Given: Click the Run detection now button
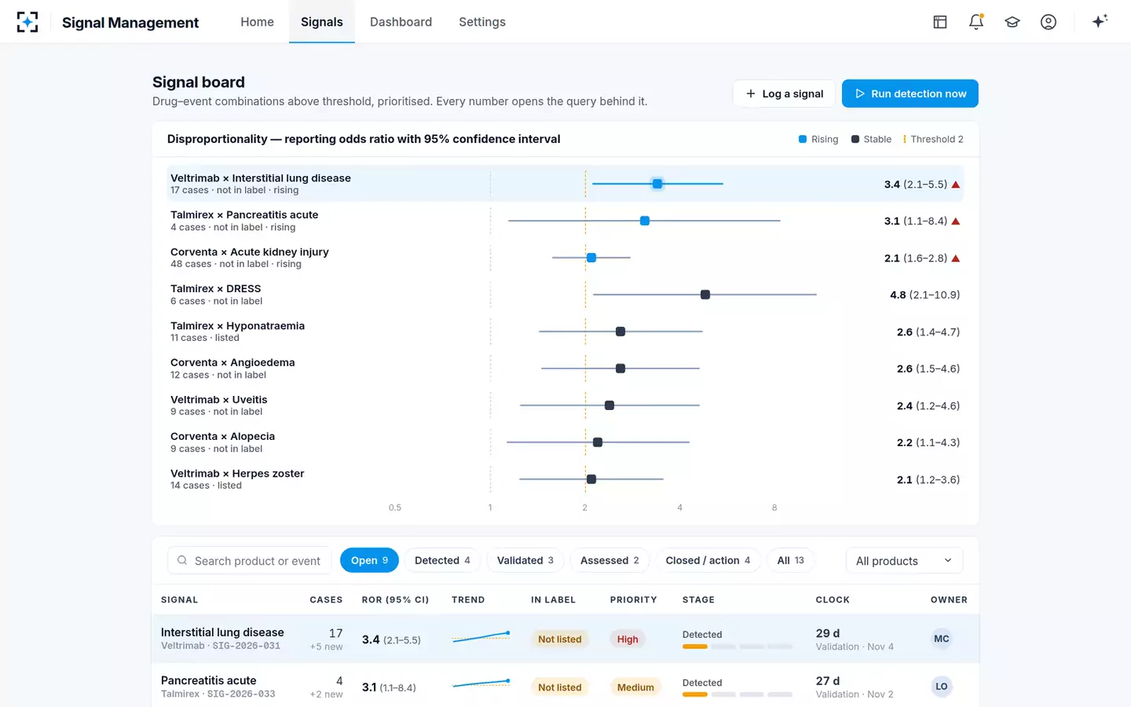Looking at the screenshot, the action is [910, 93].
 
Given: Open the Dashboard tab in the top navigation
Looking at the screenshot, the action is [401, 22].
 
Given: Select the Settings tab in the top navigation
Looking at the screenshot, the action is [482, 22].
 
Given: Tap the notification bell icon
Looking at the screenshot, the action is [976, 22].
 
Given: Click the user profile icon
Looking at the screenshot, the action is [1049, 22].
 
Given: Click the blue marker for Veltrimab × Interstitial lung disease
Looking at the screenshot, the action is [657, 184].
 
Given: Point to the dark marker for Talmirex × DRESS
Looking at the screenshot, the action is [705, 295].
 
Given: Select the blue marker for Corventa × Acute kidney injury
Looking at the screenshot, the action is [591, 258].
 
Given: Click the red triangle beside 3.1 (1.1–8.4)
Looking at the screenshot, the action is [955, 222].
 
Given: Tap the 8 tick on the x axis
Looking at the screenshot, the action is [774, 507].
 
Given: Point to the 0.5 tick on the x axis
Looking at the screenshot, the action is [395, 507].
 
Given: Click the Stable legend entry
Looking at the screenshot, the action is [871, 139].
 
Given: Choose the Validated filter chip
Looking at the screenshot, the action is [525, 560].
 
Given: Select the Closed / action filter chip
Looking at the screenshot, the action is [708, 560].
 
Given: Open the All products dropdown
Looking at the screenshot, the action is [904, 561].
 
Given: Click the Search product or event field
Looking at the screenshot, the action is [250, 561].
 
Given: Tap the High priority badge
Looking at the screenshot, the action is [627, 639].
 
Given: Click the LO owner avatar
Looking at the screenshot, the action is [941, 687].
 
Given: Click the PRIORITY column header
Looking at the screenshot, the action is [633, 599].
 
